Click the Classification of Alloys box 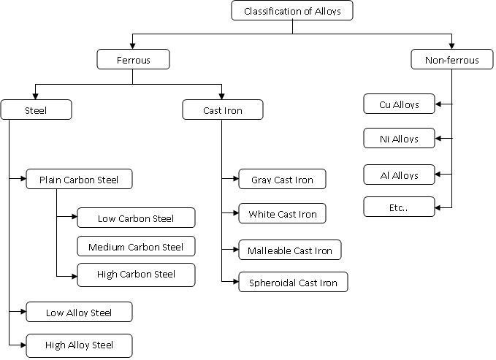(x=292, y=11)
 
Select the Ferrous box (x=133, y=60)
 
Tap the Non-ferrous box (x=452, y=60)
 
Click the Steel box (x=36, y=110)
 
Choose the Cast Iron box (x=222, y=110)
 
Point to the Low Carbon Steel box (x=136, y=218)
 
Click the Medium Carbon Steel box (x=136, y=247)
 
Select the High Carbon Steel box (x=136, y=275)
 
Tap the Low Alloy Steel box (x=79, y=313)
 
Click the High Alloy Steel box (x=79, y=345)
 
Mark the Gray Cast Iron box (x=282, y=180)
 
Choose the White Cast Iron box (x=282, y=214)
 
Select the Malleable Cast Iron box (x=289, y=250)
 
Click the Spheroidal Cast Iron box (x=293, y=283)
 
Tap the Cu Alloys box (x=400, y=104)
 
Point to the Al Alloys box (x=400, y=175)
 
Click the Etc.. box (x=400, y=207)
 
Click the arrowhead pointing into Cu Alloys (x=439, y=104)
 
